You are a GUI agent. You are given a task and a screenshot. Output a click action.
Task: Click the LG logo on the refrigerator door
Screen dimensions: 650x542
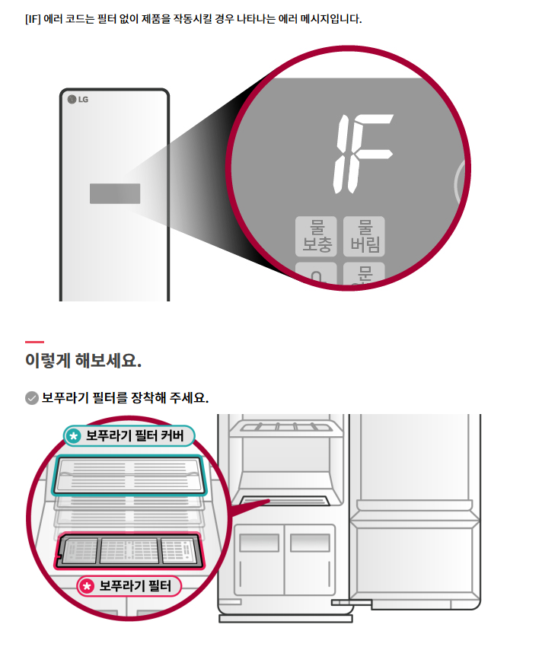(x=78, y=100)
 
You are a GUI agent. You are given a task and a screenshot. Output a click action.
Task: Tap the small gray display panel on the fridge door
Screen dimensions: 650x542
(x=115, y=193)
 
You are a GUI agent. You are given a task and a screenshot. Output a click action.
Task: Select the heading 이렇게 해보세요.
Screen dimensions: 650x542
(x=83, y=360)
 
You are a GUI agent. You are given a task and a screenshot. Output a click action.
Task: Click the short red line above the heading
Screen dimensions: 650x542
(x=34, y=342)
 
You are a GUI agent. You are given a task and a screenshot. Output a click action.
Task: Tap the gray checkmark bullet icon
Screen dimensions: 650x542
(x=31, y=398)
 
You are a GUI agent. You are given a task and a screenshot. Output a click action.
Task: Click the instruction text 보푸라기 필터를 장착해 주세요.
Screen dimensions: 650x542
(x=125, y=398)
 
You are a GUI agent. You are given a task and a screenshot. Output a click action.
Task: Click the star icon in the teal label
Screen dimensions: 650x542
(x=73, y=436)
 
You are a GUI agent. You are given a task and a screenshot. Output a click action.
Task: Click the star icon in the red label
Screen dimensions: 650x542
(x=87, y=586)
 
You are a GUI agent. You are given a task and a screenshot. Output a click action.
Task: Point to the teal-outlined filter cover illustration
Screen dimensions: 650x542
(x=130, y=474)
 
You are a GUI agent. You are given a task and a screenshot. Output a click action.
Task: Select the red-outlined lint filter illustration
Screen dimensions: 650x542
(x=129, y=550)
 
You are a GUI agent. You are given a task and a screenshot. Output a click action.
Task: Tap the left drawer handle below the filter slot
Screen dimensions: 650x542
(x=253, y=543)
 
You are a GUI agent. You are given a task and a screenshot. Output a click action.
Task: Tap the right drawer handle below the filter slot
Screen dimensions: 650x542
(x=310, y=543)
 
